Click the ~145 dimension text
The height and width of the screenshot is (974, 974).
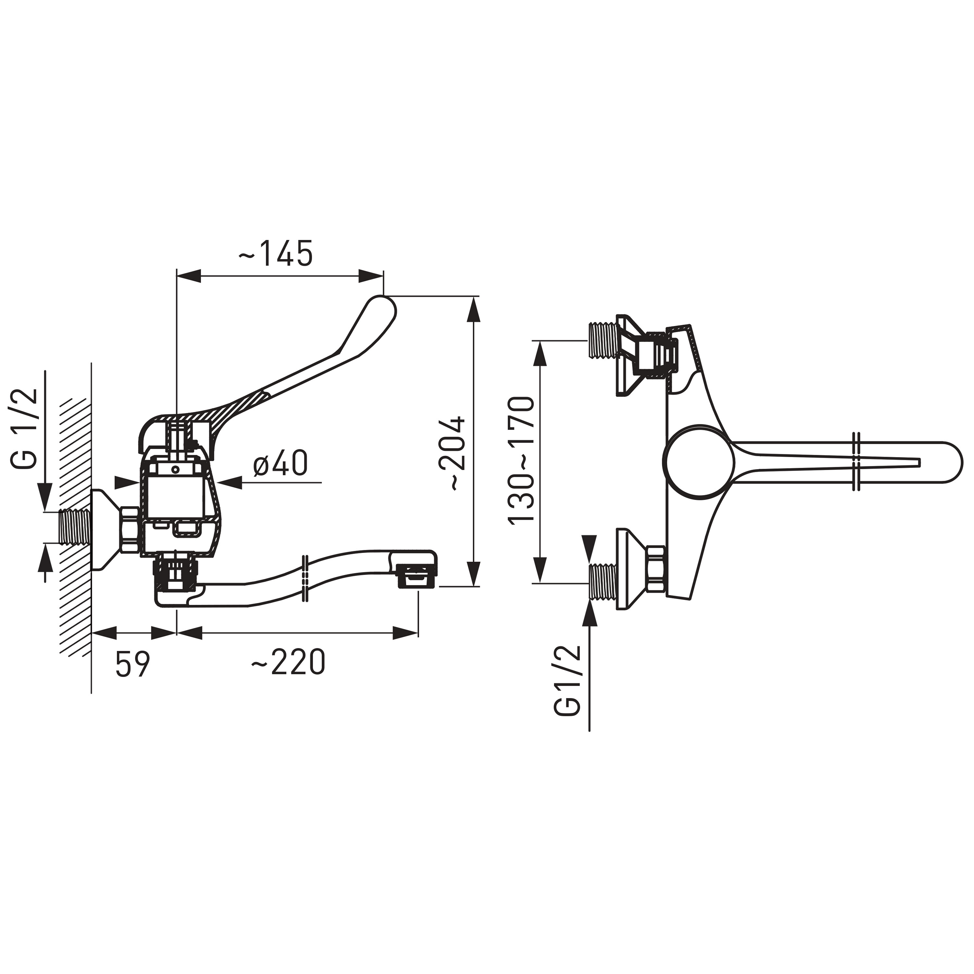point(276,253)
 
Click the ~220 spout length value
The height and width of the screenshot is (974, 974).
point(288,663)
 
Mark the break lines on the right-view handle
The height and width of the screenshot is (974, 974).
point(855,461)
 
